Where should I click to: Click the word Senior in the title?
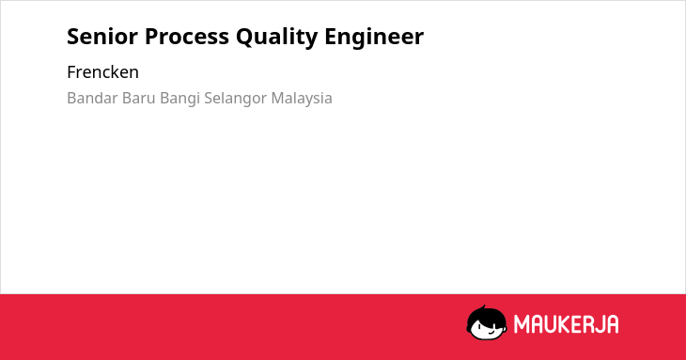point(102,37)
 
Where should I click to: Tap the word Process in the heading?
point(187,37)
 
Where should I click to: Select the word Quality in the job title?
point(277,38)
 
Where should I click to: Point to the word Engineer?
point(374,38)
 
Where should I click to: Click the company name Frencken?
point(102,72)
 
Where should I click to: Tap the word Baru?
point(139,98)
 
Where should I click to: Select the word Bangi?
point(179,99)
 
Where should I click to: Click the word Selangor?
point(235,99)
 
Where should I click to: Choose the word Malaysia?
point(302,99)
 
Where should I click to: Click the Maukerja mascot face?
point(487,323)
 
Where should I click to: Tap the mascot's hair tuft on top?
point(483,307)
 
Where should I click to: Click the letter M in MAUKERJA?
point(522,324)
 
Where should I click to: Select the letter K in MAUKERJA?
point(564,324)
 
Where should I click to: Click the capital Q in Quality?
point(244,38)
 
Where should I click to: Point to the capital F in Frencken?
point(71,72)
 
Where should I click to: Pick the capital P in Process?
point(151,37)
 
